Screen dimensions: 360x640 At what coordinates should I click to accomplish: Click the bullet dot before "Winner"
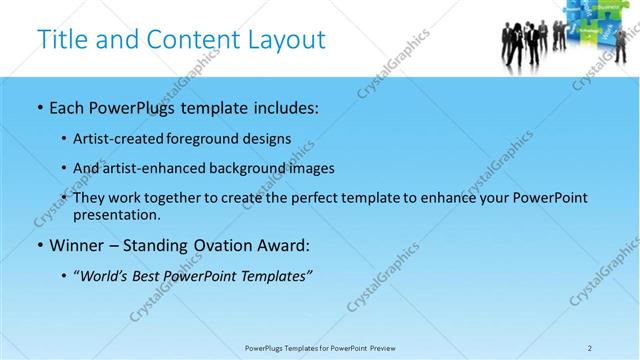[x=39, y=245]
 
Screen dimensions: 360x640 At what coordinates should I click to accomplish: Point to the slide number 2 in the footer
[x=590, y=348]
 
